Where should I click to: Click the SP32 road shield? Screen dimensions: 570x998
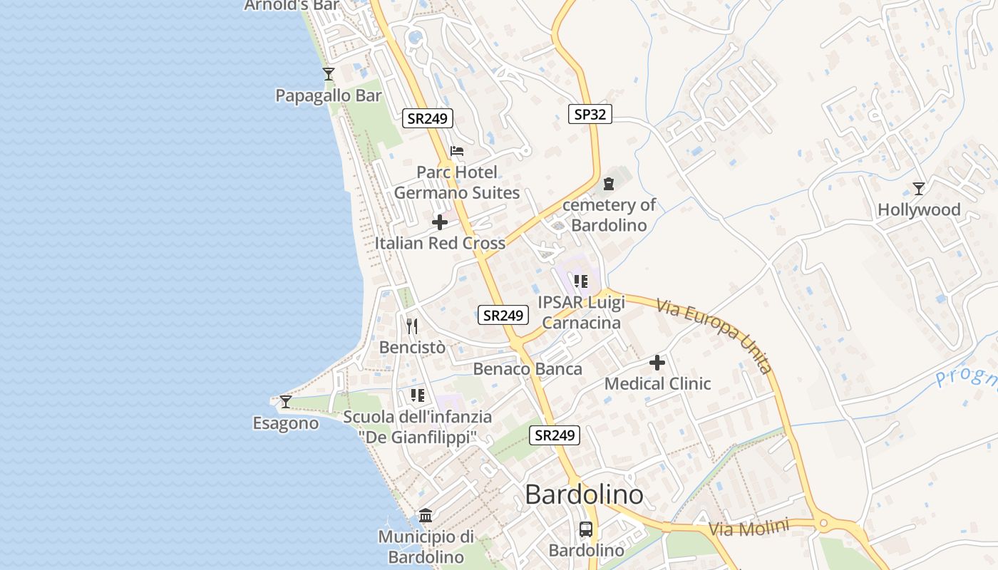click(590, 113)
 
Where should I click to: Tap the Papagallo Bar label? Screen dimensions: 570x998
click(329, 95)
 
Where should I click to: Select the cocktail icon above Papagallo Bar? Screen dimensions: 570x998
click(328, 73)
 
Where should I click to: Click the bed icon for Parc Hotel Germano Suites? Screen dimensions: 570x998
click(457, 151)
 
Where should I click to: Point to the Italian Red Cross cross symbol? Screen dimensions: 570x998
click(440, 222)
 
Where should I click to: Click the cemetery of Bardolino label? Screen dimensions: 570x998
click(608, 215)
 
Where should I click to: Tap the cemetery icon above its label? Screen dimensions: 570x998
click(608, 185)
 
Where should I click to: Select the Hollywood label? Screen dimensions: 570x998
click(919, 209)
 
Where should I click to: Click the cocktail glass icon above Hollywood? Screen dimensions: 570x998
click(919, 189)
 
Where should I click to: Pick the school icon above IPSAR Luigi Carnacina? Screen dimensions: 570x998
click(581, 281)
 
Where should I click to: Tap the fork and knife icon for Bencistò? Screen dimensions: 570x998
click(412, 326)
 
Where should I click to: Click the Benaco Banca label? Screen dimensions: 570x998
click(528, 369)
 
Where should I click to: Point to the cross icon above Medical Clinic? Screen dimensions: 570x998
click(657, 363)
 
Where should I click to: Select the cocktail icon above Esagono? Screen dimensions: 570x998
click(285, 402)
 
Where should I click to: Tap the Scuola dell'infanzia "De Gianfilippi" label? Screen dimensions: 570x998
click(417, 427)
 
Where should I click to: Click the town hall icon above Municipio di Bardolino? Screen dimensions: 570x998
click(426, 515)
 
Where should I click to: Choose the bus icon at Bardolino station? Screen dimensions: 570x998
click(586, 529)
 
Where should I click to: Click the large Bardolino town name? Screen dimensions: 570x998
click(584, 494)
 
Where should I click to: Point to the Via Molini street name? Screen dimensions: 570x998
click(749, 529)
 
